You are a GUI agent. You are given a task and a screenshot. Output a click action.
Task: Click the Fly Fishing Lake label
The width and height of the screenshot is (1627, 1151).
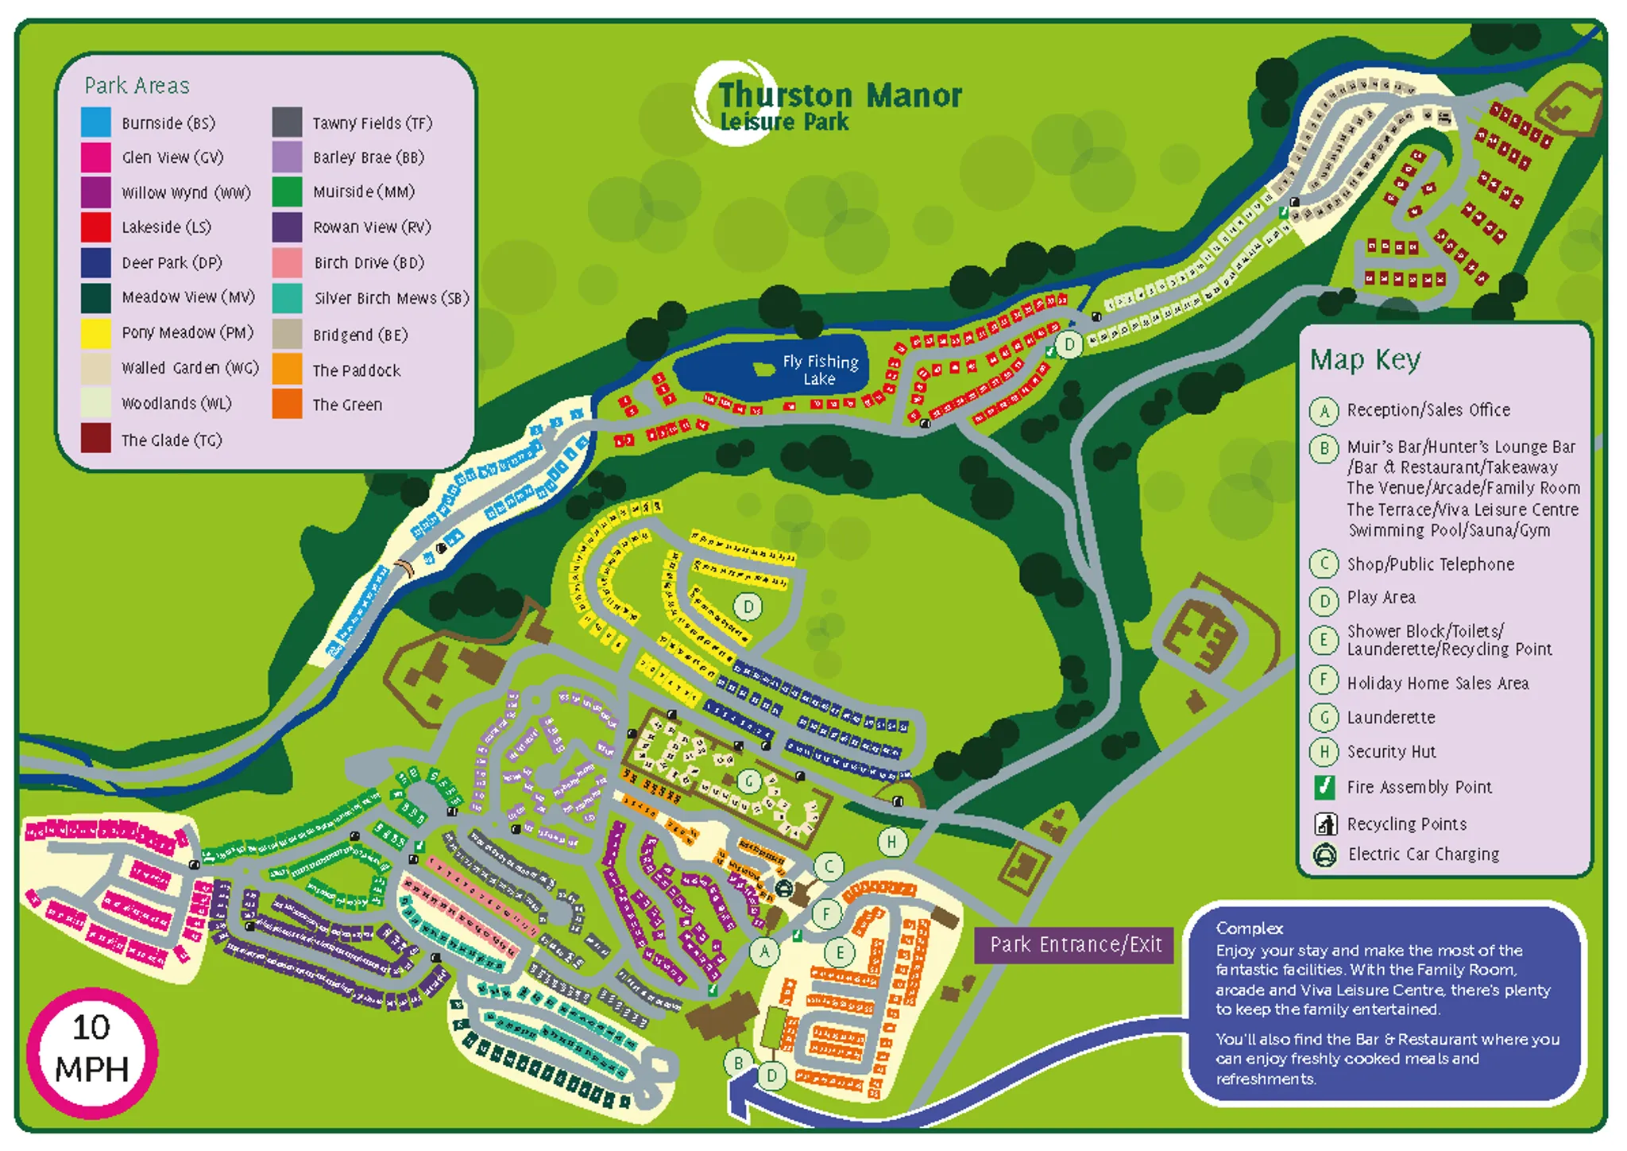pos(820,370)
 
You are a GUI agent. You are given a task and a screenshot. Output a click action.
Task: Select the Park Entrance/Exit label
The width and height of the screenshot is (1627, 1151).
pos(1075,944)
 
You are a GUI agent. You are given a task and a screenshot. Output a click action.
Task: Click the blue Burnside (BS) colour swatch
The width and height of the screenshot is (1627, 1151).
pos(96,122)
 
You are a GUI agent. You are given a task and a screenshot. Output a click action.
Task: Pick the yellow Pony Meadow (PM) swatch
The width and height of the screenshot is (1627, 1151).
pos(96,333)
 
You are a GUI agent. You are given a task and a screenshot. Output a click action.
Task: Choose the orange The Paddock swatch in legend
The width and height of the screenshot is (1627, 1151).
pos(287,370)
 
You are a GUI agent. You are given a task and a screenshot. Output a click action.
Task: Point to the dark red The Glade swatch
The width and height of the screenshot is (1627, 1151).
pos(96,439)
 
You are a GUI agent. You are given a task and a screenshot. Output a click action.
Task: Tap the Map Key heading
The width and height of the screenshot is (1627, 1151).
pos(1364,360)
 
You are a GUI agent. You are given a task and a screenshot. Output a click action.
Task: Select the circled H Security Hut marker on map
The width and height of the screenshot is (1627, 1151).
pos(891,842)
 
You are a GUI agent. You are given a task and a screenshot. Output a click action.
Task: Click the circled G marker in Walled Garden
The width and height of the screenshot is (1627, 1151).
pos(748,781)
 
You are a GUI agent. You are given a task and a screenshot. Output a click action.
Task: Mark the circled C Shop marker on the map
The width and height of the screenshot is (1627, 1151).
pos(829,866)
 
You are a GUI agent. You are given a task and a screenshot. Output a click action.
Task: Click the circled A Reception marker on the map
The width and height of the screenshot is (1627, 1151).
pos(764,951)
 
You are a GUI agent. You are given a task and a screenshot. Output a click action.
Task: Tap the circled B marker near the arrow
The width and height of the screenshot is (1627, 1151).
pos(738,1063)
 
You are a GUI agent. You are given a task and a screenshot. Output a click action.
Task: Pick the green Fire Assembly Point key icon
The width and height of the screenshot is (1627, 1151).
pos(1324,787)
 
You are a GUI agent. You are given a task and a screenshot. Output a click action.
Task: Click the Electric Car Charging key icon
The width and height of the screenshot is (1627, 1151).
pos(1324,855)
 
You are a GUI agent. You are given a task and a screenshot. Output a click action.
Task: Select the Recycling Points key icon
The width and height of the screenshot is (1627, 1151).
pos(1324,824)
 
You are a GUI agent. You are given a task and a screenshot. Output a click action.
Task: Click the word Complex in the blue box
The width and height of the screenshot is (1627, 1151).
pos(1249,928)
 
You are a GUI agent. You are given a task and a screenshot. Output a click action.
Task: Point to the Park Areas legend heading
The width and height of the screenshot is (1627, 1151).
pos(137,86)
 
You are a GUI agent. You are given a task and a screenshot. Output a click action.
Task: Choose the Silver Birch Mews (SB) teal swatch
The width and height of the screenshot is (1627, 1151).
pos(287,298)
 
